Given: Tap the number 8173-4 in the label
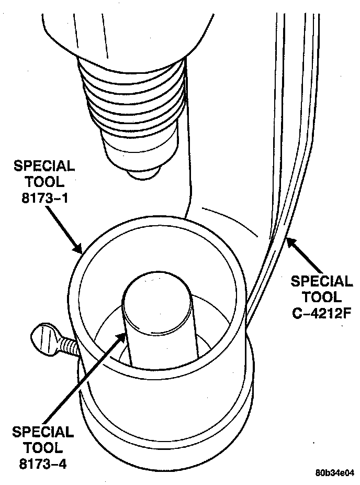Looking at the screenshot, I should point(44,464).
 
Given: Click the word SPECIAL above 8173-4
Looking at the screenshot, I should point(44,432).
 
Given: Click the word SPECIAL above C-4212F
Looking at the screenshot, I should point(321,281).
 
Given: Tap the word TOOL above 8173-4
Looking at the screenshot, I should point(44,448).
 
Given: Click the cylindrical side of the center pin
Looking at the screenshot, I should point(157,340).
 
